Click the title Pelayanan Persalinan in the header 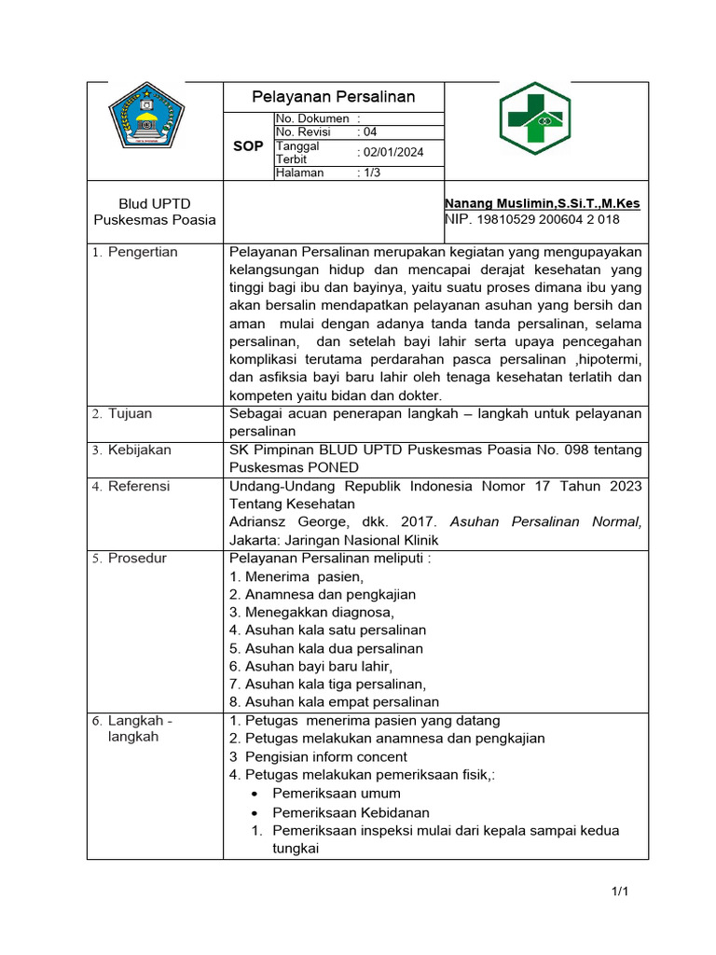(334, 97)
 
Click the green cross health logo (545, 119)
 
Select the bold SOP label (247, 146)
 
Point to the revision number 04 (370, 132)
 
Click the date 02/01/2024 (392, 152)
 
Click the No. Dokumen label (312, 118)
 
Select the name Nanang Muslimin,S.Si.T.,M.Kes (542, 203)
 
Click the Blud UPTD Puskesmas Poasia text (155, 212)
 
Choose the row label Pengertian (142, 252)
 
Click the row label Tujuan (130, 413)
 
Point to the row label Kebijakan (139, 450)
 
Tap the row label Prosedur (137, 558)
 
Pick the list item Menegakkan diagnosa (311, 612)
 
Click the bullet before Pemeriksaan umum (255, 794)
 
